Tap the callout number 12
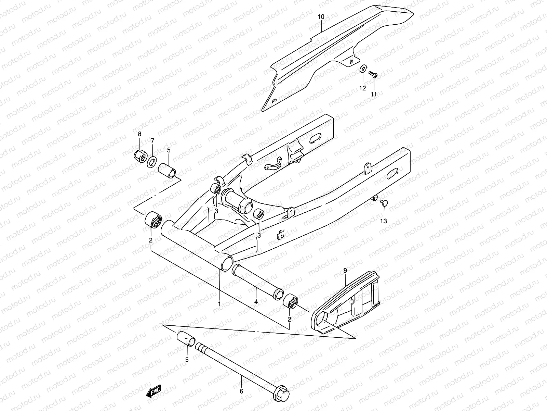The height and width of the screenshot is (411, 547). point(362,88)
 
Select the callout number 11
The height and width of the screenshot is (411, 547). point(374,94)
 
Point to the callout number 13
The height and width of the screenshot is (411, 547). point(384,221)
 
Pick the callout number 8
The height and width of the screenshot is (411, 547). point(139,134)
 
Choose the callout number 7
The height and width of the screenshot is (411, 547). point(153,140)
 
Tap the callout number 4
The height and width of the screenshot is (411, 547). point(256,302)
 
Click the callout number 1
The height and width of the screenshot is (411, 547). point(219,303)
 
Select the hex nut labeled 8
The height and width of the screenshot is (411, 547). point(140,156)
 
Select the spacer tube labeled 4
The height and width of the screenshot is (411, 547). point(256,281)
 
